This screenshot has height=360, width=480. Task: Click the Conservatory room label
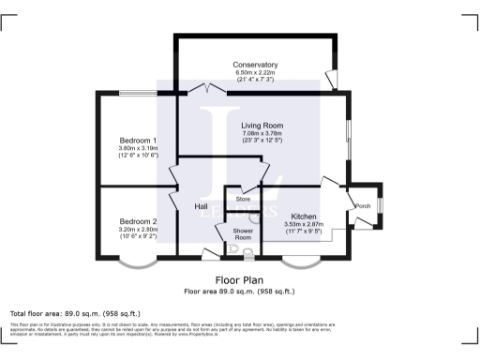256,65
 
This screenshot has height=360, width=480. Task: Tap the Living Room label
262,126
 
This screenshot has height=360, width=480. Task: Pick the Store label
244,200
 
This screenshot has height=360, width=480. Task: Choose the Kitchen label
304,216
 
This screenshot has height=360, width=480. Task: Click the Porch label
362,206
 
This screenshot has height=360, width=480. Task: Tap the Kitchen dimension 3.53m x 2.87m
304,224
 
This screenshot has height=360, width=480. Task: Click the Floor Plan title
240,280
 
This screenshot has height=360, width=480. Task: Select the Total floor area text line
75,313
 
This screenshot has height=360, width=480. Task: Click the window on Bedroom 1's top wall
138,93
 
